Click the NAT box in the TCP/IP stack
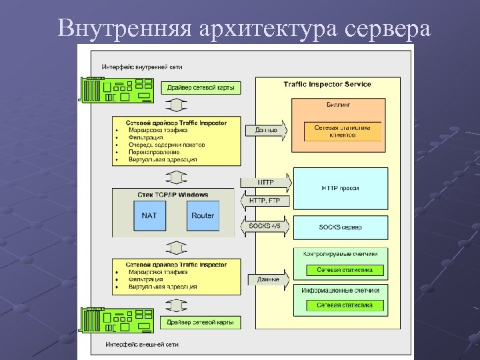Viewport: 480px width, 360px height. pyautogui.click(x=149, y=215)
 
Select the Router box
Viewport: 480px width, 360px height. pyautogui.click(x=203, y=215)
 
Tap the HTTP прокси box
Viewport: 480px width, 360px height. pyautogui.click(x=340, y=188)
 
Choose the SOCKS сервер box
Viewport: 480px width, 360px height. pyautogui.click(x=340, y=227)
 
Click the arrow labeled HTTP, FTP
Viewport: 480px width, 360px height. pyautogui.click(x=265, y=201)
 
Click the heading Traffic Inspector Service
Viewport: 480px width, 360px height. pyautogui.click(x=327, y=85)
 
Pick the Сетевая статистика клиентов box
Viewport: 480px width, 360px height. pyautogui.click(x=343, y=131)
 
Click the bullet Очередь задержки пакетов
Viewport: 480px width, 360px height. pyautogui.click(x=167, y=145)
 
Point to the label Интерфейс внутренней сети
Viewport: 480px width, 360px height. pyautogui.click(x=142, y=67)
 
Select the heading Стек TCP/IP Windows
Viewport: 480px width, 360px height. pyautogui.click(x=173, y=195)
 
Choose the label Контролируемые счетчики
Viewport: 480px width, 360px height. pyautogui.click(x=340, y=254)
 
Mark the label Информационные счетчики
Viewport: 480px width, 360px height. pyautogui.click(x=340, y=291)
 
